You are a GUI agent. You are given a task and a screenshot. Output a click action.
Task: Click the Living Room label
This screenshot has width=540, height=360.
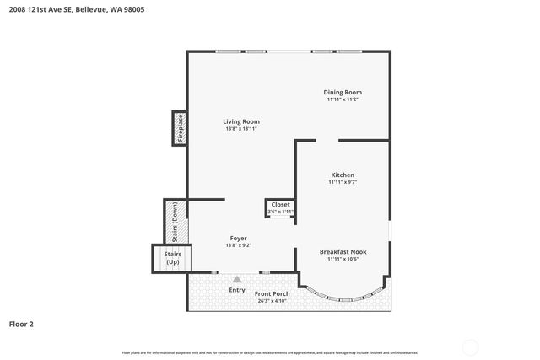241,121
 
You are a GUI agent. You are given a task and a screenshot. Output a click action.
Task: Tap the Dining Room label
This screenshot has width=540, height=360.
343,92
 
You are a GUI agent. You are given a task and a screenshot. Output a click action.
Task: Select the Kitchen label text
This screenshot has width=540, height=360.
343,175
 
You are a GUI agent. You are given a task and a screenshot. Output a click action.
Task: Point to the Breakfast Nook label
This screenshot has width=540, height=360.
343,251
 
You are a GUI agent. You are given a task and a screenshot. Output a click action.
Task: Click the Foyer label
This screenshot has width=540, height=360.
238,239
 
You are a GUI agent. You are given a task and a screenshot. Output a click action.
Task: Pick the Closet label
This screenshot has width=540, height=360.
280,204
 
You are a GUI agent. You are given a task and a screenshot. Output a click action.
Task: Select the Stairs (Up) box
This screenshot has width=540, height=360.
172,258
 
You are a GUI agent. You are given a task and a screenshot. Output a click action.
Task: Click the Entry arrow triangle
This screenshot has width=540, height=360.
237,279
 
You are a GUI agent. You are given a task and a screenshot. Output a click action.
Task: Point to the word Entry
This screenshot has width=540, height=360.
237,290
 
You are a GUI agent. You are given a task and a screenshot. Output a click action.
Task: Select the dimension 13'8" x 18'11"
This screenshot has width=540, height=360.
241,129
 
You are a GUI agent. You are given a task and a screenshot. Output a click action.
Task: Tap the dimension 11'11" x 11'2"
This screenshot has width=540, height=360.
343,99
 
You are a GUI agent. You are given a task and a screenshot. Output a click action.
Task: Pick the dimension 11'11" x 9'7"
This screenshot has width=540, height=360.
343,182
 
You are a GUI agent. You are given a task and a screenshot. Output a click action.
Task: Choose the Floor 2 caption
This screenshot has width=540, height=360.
21,323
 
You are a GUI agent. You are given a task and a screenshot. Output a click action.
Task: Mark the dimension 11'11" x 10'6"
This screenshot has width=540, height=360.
343,259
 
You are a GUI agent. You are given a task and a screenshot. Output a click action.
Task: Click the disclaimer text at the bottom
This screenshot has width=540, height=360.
270,352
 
